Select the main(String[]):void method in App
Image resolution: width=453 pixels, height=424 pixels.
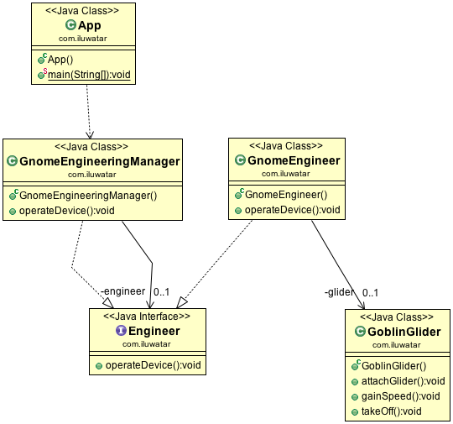tap(89, 76)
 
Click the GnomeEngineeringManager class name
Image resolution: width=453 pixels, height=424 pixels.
tap(98, 160)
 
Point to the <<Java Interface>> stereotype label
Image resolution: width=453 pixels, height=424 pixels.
tap(147, 317)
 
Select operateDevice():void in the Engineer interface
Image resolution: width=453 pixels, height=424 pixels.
tap(148, 365)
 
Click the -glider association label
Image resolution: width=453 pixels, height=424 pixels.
tap(339, 293)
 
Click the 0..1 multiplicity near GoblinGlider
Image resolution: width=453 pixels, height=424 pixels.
tap(370, 293)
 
